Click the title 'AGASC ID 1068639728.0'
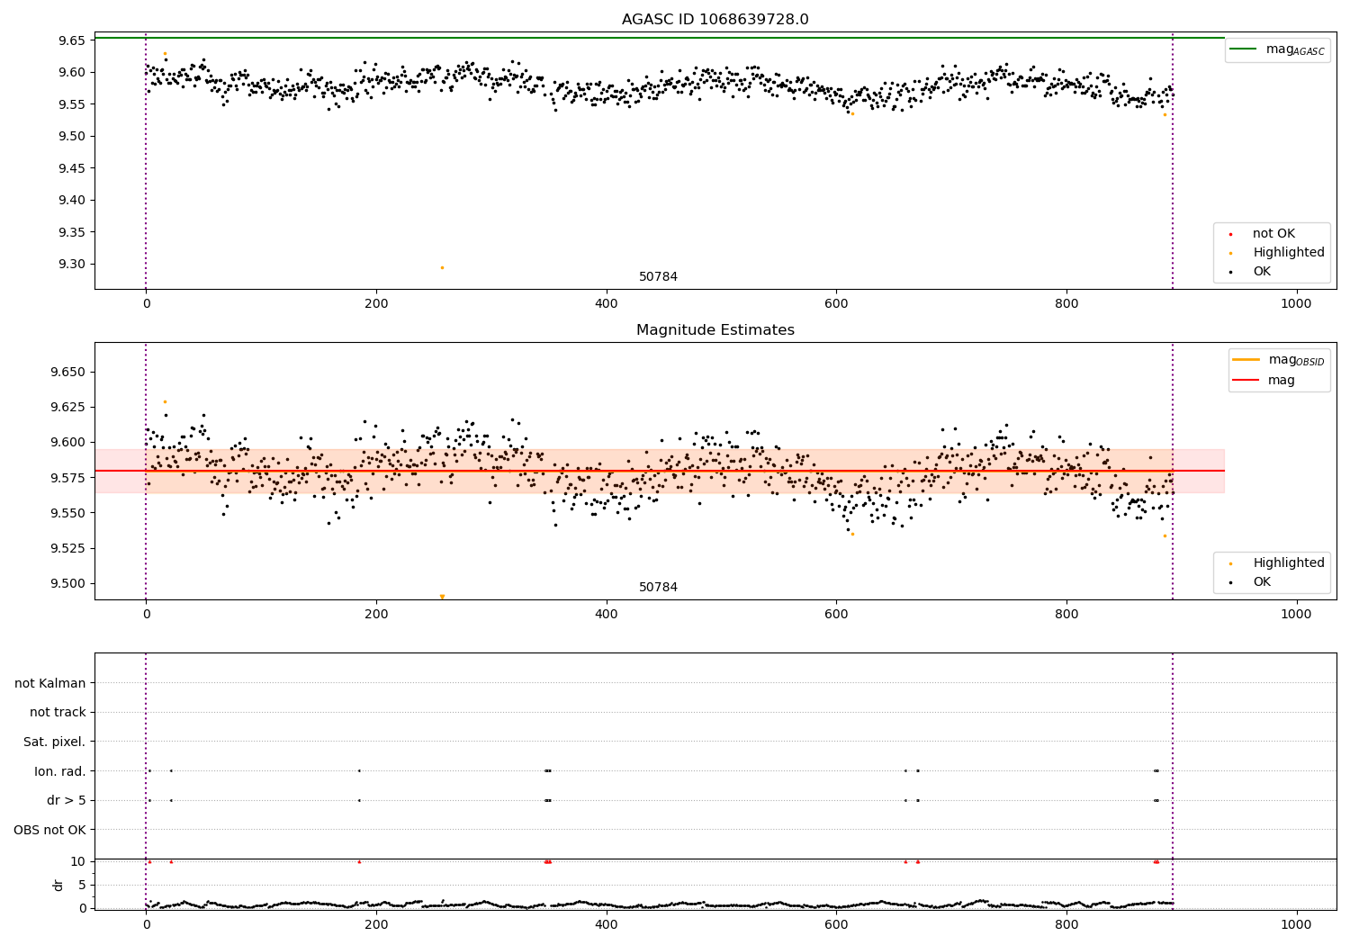(715, 20)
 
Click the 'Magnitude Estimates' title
(715, 330)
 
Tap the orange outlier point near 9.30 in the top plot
(442, 267)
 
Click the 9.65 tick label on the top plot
(71, 40)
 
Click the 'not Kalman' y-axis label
(50, 683)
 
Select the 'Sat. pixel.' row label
(54, 742)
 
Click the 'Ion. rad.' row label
(59, 771)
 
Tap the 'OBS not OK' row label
(49, 830)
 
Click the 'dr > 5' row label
(66, 800)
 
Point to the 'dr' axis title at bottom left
(58, 885)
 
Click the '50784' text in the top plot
(658, 277)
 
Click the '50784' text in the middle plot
(658, 588)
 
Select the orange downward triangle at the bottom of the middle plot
(442, 597)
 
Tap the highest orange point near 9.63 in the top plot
(165, 53)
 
